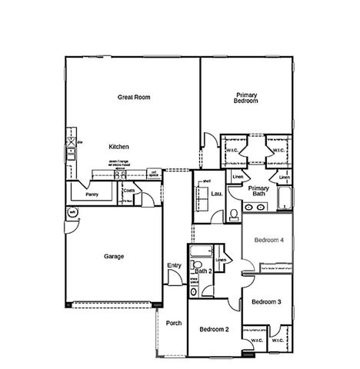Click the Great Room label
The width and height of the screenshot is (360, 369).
[132, 97]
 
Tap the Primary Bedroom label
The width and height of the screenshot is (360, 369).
[246, 98]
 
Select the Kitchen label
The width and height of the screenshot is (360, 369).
[118, 146]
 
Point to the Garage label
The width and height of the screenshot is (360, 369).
[114, 256]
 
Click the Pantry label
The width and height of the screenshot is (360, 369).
[92, 194]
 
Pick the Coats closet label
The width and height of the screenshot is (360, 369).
[128, 191]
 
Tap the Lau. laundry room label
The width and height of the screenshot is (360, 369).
[217, 194]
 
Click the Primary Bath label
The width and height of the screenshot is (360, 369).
[258, 191]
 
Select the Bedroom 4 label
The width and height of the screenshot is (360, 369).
[269, 240]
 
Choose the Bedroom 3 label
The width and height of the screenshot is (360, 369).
[266, 301]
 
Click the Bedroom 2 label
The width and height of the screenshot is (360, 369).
[215, 329]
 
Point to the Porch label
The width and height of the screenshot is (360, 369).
[174, 323]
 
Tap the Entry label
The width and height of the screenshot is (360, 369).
[174, 266]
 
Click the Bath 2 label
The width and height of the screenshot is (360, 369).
[202, 271]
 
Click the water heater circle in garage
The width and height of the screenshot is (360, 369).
[72, 213]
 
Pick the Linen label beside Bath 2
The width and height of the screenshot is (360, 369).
[222, 260]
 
